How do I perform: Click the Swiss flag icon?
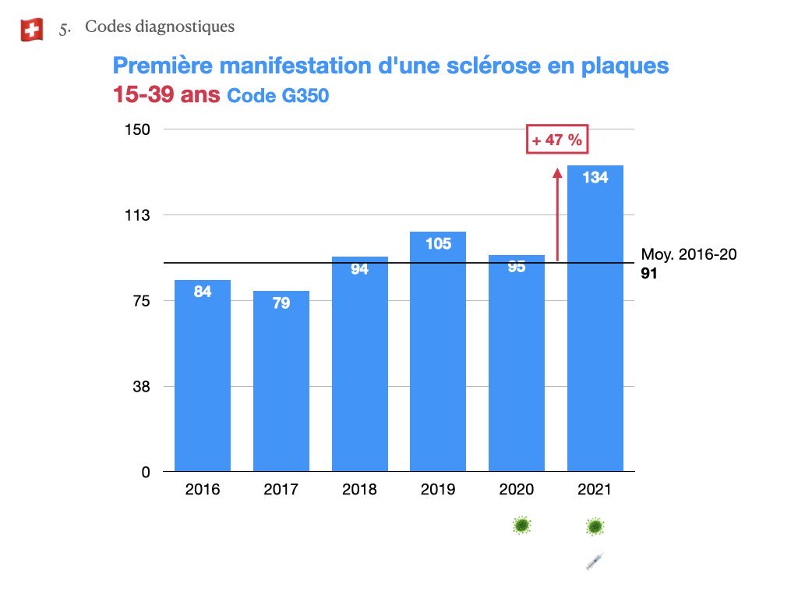pyautogui.click(x=31, y=30)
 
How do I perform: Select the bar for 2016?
pyautogui.click(x=203, y=374)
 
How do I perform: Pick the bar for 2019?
pyautogui.click(x=438, y=351)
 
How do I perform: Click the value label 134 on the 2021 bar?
pyautogui.click(x=595, y=178)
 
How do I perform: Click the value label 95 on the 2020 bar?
pyautogui.click(x=516, y=267)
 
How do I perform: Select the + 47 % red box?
pyautogui.click(x=557, y=140)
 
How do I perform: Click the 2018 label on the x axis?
pyautogui.click(x=359, y=490)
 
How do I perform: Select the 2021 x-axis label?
pyautogui.click(x=595, y=490)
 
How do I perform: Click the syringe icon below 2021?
pyautogui.click(x=595, y=560)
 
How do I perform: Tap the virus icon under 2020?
pyautogui.click(x=521, y=526)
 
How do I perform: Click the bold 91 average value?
pyautogui.click(x=649, y=275)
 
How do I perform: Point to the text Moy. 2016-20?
pyautogui.click(x=688, y=255)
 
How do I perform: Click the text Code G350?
pyautogui.click(x=277, y=97)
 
